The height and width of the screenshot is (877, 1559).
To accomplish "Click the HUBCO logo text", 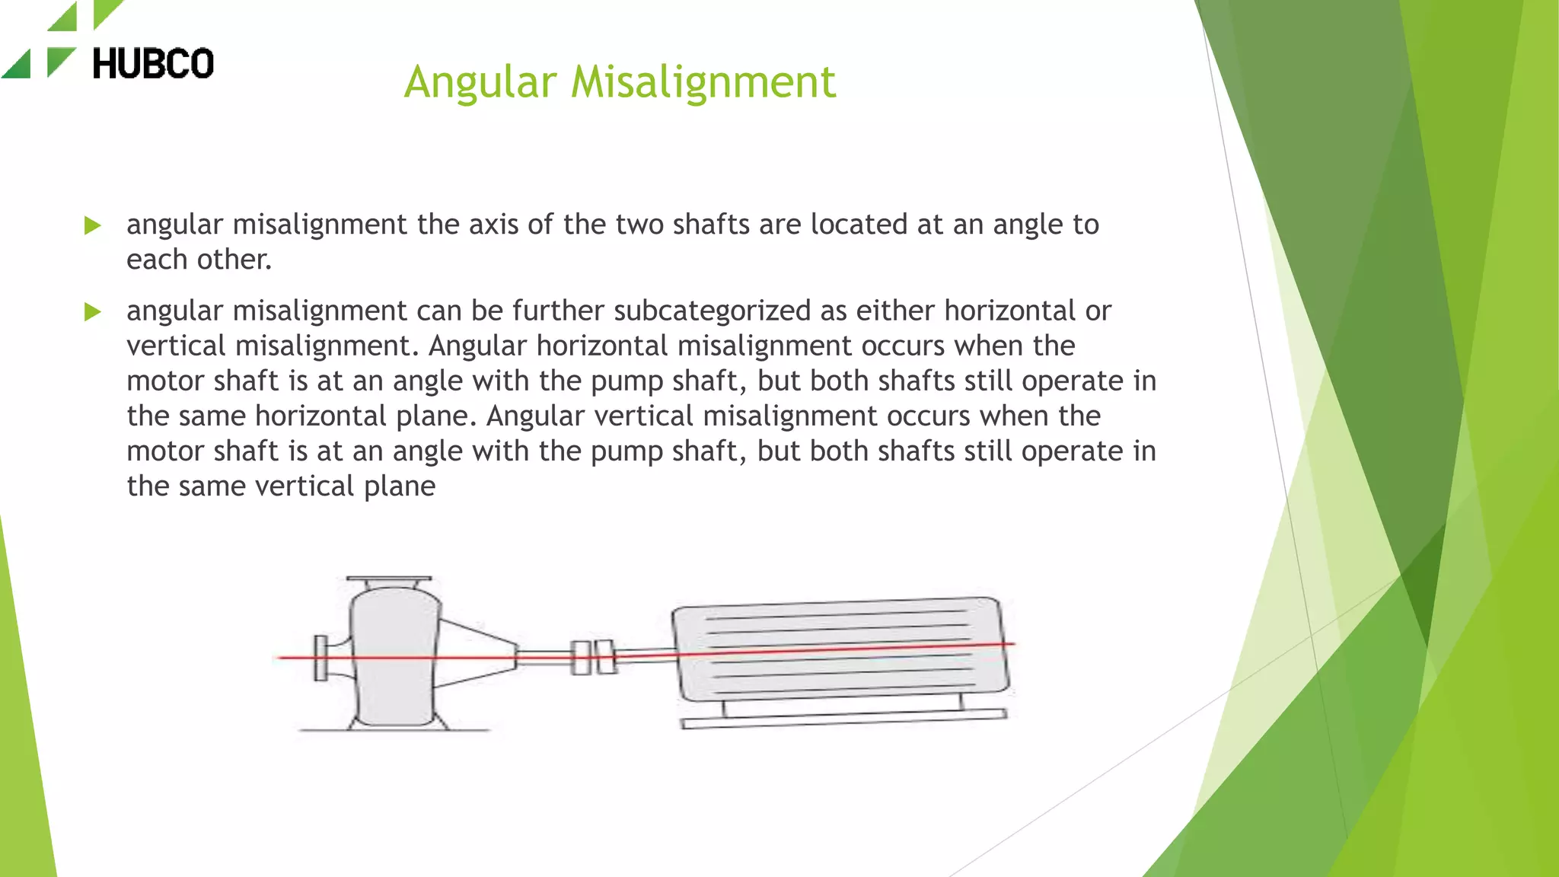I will tap(152, 63).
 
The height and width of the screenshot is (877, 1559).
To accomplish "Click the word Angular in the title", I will tap(480, 81).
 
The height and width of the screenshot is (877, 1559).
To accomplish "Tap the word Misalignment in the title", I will tap(703, 81).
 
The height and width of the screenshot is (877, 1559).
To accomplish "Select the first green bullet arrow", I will tap(93, 225).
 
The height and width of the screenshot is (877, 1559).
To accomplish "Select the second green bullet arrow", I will tap(93, 311).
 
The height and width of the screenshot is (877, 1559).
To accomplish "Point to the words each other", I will tap(199, 260).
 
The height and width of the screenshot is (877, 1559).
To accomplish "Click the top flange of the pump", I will tap(389, 579).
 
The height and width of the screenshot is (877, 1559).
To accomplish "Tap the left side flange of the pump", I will tap(320, 658).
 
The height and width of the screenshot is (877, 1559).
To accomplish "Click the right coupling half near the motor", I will tap(606, 656).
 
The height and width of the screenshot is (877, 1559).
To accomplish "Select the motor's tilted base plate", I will tap(843, 719).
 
